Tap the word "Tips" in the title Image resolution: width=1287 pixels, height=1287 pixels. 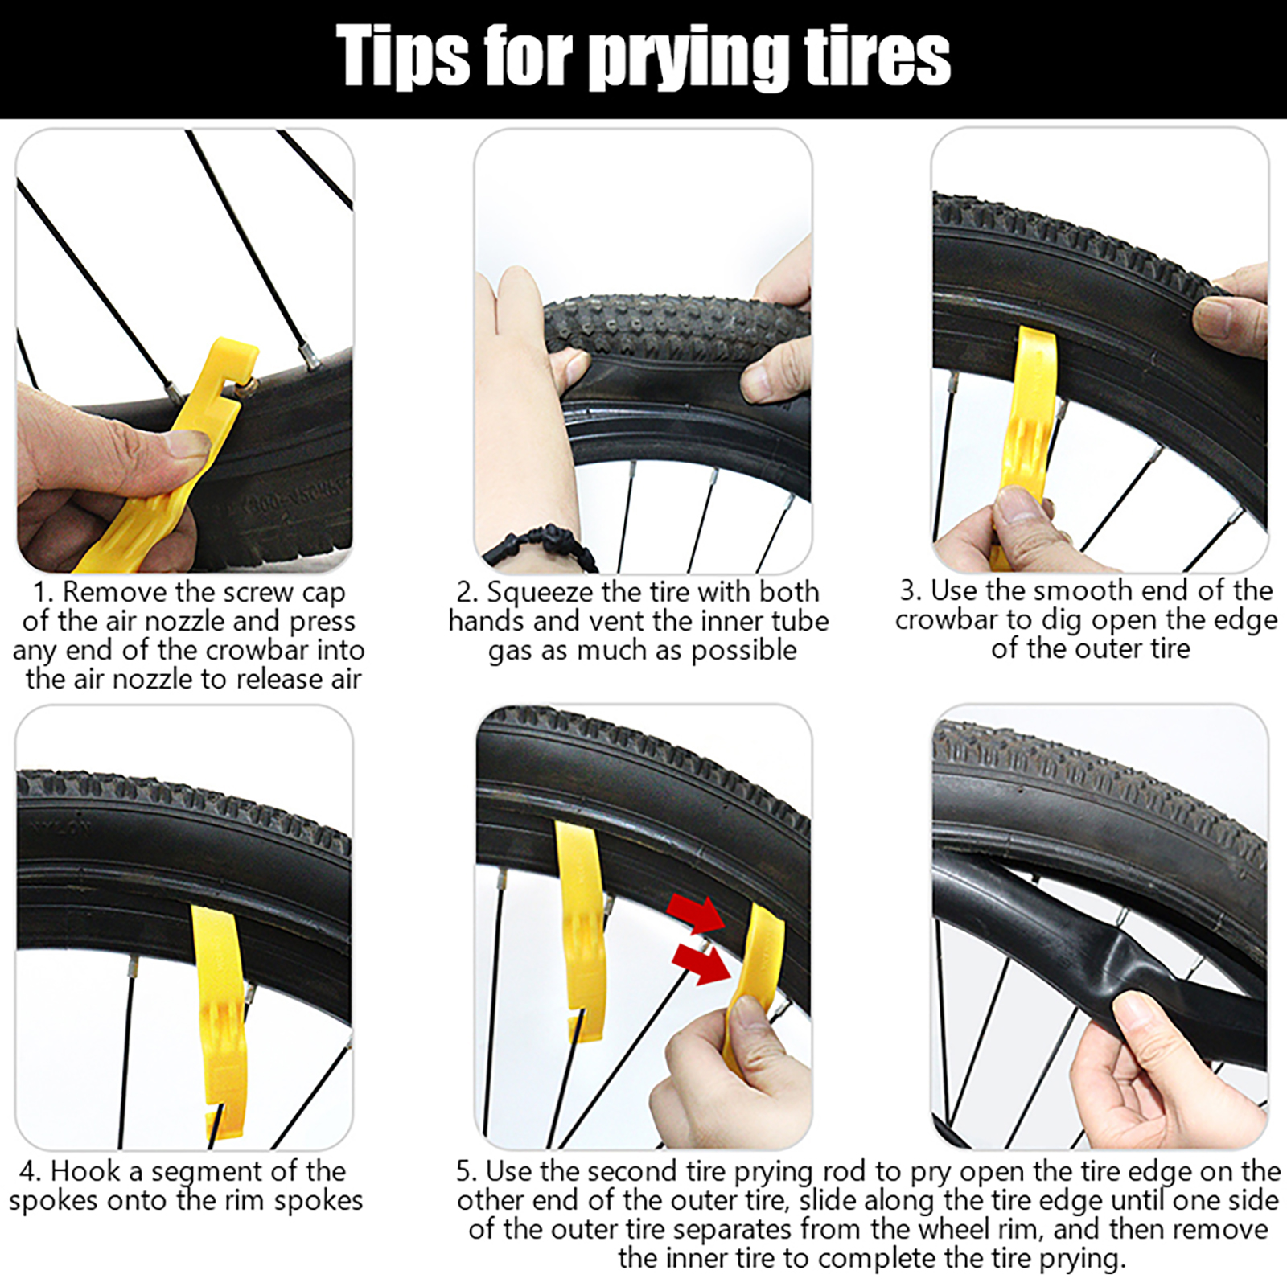[403, 55]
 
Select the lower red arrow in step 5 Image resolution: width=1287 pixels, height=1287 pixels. [701, 962]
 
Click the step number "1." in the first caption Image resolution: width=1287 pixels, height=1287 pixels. [43, 593]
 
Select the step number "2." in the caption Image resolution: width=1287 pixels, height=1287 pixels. [467, 593]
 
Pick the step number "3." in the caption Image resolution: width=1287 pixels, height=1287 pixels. [911, 591]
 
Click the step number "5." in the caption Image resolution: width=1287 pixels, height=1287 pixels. [467, 1171]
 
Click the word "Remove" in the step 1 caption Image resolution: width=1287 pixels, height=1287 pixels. [116, 593]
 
